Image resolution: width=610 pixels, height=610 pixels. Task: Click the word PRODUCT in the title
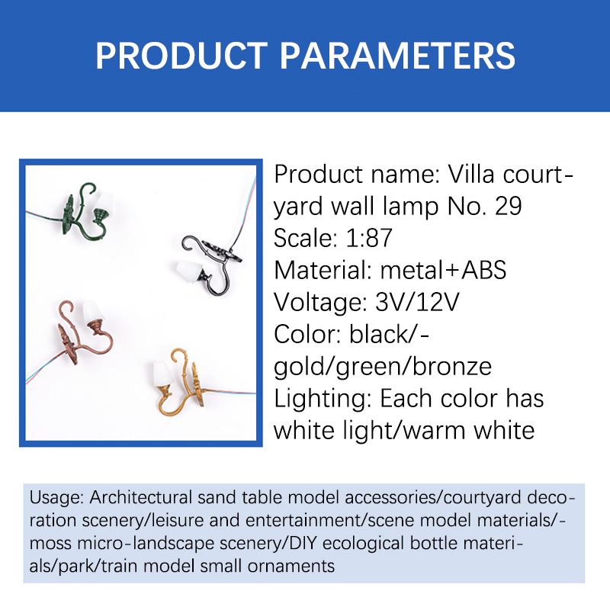[x=181, y=56]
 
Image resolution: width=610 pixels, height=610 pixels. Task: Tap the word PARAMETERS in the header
[x=397, y=56]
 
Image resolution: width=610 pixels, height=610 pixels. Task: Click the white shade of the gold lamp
[x=163, y=373]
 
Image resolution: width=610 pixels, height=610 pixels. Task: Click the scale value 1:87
[x=369, y=238]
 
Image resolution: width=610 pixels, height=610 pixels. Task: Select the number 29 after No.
[x=508, y=206]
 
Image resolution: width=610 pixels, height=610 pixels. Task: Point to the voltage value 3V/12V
[x=417, y=302]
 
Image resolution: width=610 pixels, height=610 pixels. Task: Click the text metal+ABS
[x=443, y=270]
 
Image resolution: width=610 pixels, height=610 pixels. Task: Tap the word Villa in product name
[x=472, y=174]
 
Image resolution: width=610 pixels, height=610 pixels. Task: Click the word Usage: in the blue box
[x=56, y=499]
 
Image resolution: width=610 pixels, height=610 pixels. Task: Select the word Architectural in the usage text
[x=141, y=498]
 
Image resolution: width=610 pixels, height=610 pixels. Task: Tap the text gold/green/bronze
[x=383, y=368]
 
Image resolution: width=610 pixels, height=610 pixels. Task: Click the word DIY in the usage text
[x=303, y=543]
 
